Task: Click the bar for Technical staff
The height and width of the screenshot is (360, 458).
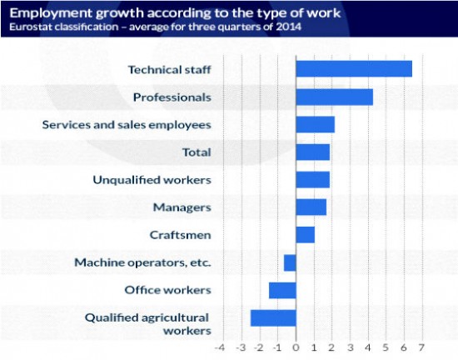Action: pos(354,68)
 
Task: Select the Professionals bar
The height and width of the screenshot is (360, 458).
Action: pos(335,97)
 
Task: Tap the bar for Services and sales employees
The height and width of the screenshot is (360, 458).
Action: pos(316,124)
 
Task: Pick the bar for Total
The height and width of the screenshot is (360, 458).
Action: pos(313,152)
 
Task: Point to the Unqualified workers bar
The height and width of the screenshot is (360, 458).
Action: pos(313,179)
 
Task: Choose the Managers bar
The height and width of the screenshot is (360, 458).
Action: pos(311,207)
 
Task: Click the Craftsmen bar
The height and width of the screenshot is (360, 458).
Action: pos(306,235)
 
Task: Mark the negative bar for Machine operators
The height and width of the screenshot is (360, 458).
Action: pos(290,262)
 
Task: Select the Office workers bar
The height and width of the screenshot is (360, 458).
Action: pos(282,290)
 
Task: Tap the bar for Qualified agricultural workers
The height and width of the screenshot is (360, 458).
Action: pos(273,318)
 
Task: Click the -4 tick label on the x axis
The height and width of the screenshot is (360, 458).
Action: pos(220,347)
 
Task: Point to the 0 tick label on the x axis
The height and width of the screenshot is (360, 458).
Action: pos(296,347)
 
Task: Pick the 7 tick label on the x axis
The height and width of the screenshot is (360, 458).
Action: pos(421,347)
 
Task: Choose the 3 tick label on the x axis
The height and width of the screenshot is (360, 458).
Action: pos(351,347)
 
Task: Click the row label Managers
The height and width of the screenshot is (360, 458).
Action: pos(182,207)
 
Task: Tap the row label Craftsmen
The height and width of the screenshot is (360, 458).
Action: pos(180,235)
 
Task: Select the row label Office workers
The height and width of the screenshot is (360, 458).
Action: pos(167,290)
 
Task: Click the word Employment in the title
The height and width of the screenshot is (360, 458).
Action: pos(52,13)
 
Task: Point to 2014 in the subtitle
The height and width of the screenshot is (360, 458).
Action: pos(288,27)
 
